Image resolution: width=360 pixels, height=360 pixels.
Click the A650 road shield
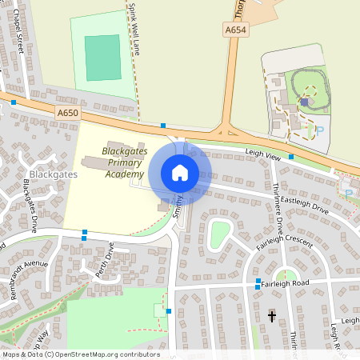tap(68, 114)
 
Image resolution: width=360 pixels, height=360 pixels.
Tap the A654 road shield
tap(234, 30)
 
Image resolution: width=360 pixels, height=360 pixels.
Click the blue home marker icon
tap(179, 172)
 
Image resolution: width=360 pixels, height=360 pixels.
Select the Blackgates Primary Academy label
tap(123, 162)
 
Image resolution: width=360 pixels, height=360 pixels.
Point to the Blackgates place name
tap(52, 173)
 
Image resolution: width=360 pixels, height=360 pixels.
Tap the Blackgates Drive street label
tap(31, 204)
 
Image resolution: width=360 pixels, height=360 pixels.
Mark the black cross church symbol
tap(271, 317)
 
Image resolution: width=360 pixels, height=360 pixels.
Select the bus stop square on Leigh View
tap(291, 157)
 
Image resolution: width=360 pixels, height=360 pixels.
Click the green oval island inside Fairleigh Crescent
tap(219, 233)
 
